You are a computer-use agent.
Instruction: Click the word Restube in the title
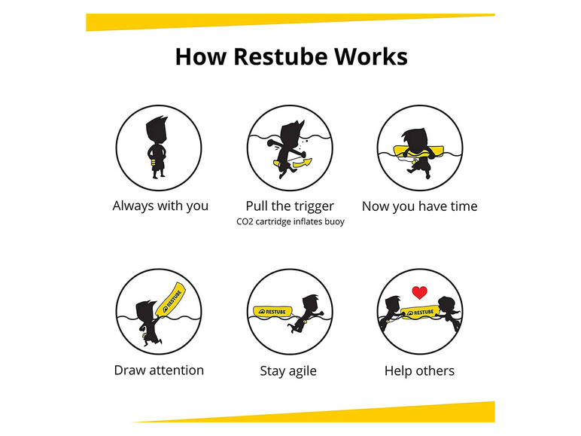(280, 56)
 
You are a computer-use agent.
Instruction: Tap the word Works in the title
(370, 56)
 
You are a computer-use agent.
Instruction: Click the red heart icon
(419, 292)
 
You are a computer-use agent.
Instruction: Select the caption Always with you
(160, 206)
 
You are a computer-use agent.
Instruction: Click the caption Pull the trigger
(290, 206)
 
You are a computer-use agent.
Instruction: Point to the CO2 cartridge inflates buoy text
(290, 221)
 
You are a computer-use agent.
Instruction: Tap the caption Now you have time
(419, 206)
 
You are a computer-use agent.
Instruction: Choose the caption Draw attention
(159, 370)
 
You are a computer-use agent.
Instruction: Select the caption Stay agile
(288, 371)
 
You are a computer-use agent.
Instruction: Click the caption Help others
(419, 370)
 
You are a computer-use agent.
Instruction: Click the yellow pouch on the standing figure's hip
(153, 163)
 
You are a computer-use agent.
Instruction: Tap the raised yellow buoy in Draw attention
(170, 300)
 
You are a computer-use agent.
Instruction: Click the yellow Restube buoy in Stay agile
(272, 312)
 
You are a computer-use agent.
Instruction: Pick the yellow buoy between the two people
(420, 313)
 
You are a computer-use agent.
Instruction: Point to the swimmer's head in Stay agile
(311, 304)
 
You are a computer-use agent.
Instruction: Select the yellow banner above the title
(290, 22)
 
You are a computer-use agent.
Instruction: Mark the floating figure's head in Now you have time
(414, 139)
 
